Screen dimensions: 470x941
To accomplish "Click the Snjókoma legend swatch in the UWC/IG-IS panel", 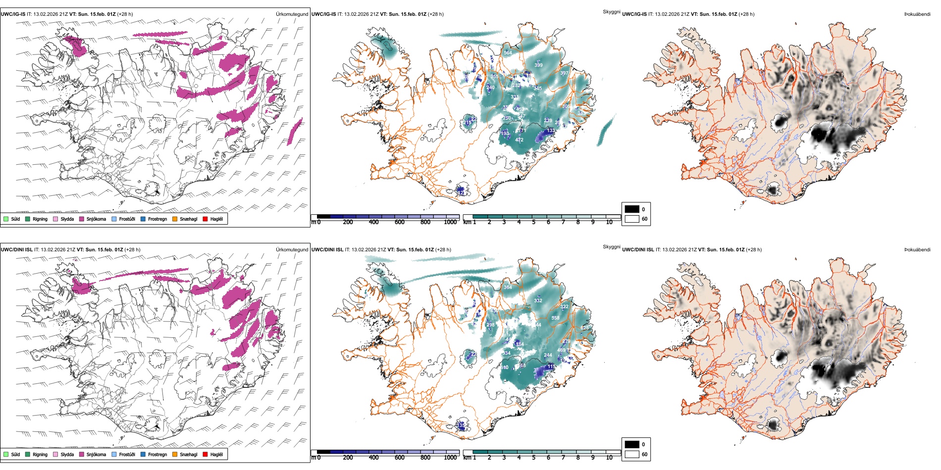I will point(82,219).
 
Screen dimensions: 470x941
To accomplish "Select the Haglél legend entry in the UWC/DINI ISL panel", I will point(206,454).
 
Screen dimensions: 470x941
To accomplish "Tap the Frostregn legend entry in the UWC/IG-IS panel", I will point(143,219).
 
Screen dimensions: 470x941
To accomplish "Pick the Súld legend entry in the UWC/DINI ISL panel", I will point(6,454).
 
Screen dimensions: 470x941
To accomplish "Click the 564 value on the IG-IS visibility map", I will point(508,52).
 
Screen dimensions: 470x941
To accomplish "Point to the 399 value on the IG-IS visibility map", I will point(538,65).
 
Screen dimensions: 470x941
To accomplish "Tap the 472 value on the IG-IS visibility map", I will point(519,140).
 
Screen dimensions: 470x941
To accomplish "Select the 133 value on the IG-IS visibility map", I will point(551,131).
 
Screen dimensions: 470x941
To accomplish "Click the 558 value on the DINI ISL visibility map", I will point(555,318).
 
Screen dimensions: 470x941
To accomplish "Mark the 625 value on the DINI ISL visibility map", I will point(584,328).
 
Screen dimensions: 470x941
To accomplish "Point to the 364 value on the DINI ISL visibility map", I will point(508,287).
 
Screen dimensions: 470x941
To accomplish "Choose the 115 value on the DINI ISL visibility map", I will point(551,367).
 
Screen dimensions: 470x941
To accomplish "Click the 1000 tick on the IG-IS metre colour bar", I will point(450,222).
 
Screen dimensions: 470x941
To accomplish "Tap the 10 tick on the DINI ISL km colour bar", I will point(609,458).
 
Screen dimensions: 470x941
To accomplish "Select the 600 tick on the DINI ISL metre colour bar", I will point(400,458).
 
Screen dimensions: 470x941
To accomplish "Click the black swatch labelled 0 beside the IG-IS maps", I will point(632,209).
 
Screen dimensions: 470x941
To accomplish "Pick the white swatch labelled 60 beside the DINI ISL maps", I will point(632,454).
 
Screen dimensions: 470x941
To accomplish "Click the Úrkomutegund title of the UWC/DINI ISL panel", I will point(292,250).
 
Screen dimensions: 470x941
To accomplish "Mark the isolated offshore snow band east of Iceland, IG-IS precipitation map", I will point(295,132).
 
